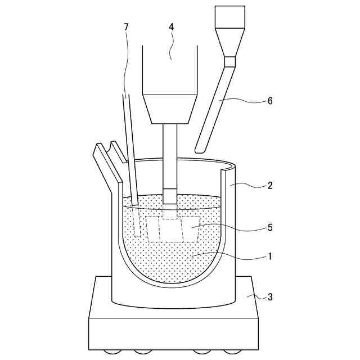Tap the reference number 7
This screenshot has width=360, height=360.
pos(125,28)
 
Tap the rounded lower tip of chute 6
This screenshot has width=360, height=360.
pos(199,148)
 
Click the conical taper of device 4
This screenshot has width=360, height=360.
pos(170,109)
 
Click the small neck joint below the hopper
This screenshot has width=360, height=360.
pos(229,61)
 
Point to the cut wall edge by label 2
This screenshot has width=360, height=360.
pos(227,236)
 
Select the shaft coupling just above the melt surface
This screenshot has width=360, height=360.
pos(169,196)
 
